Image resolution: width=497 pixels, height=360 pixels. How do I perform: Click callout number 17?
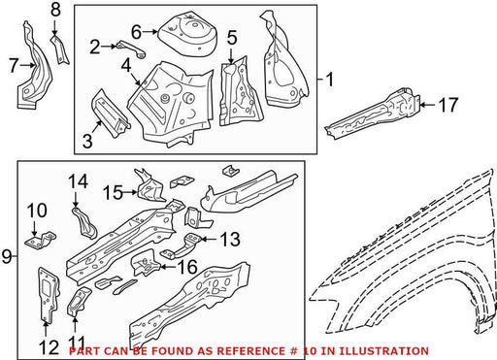(448, 105)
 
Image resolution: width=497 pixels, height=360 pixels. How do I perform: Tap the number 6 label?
(137, 32)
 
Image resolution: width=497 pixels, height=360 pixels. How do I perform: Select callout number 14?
(78, 181)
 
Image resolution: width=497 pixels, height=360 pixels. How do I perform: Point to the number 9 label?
(7, 257)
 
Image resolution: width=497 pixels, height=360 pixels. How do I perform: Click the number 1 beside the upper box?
(329, 80)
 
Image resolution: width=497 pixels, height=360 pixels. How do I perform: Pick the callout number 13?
(230, 240)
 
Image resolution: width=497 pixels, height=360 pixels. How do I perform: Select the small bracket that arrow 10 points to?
(41, 241)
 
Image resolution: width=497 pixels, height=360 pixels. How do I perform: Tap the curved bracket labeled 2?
(132, 49)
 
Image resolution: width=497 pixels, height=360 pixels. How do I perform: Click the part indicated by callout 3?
(110, 114)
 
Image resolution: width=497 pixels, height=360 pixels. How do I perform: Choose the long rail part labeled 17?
(372, 113)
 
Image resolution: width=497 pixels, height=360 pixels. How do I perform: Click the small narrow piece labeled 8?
(59, 50)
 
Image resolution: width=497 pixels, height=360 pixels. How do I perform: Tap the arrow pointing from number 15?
(130, 192)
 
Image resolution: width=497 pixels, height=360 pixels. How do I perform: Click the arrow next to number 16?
(167, 267)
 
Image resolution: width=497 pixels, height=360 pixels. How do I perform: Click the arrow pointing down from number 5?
(231, 54)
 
